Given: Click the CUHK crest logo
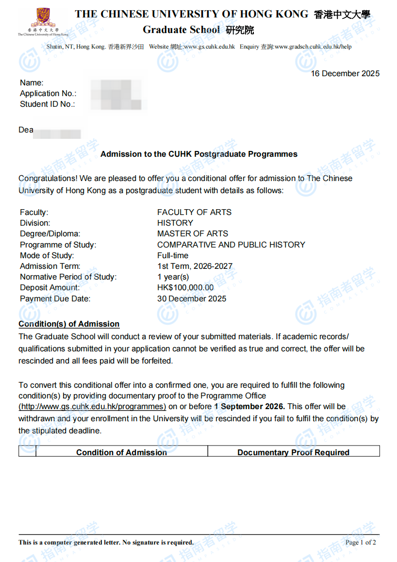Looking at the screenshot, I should pyautogui.click(x=43, y=18).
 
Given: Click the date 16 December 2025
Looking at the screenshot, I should pyautogui.click(x=345, y=73).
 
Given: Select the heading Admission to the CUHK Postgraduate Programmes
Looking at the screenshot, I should pyautogui.click(x=198, y=154).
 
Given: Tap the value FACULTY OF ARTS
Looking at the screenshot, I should pyautogui.click(x=194, y=212).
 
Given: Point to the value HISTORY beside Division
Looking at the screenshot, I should pyautogui.click(x=175, y=223).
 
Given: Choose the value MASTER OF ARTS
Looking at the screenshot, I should pyautogui.click(x=193, y=233).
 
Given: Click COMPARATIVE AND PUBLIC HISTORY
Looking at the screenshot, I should pyautogui.click(x=231, y=245).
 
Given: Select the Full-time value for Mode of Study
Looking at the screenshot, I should pyautogui.click(x=173, y=255).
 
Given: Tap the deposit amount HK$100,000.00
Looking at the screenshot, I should pyautogui.click(x=185, y=287).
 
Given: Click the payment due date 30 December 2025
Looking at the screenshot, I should pyautogui.click(x=192, y=298).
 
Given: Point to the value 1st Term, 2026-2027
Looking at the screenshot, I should pyautogui.click(x=195, y=266).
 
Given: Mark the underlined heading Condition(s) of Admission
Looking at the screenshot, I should pyautogui.click(x=69, y=324).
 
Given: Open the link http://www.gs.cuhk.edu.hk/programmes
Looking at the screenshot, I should pyautogui.click(x=92, y=407).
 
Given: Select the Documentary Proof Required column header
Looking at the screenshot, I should pyautogui.click(x=293, y=452).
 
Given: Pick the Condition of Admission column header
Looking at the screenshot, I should pyautogui.click(x=121, y=452).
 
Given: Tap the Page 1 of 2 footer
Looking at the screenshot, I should pyautogui.click(x=361, y=543).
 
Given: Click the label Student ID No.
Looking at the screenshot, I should pyautogui.click(x=48, y=104).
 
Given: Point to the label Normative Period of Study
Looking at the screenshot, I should pyautogui.click(x=68, y=277).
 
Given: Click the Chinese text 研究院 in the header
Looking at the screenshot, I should pyautogui.click(x=240, y=30).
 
